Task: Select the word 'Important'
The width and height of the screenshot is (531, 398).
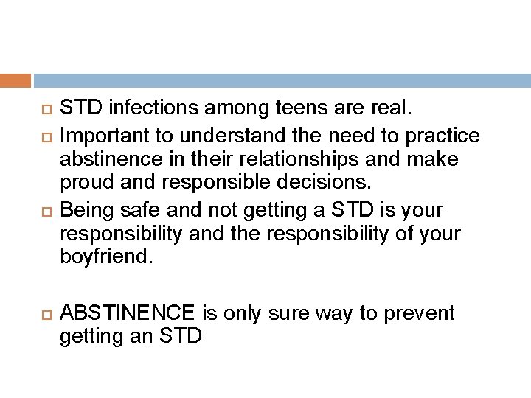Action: tap(100, 136)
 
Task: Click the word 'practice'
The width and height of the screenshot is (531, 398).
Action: tap(442, 136)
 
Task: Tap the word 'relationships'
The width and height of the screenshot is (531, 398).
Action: tap(274, 160)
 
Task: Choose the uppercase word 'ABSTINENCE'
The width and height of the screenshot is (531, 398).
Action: tap(127, 313)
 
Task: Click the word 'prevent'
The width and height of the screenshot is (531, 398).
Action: tap(420, 313)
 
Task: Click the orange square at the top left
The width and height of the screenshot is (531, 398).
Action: tap(15, 80)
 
